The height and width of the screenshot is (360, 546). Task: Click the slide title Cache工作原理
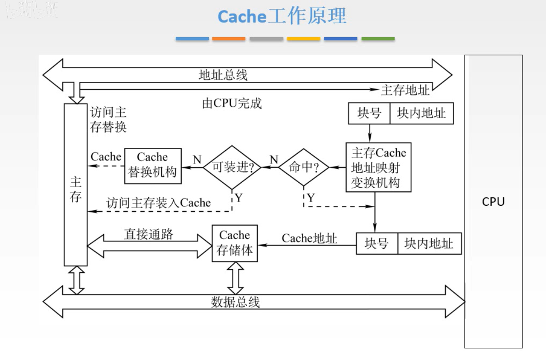point(282,16)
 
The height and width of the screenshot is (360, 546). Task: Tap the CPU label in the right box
point(493,202)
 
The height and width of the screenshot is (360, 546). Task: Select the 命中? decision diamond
point(303,167)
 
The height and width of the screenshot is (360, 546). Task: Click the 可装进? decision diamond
point(232,167)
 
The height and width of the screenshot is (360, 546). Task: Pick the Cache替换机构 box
point(152,165)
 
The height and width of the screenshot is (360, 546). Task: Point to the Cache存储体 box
point(235,243)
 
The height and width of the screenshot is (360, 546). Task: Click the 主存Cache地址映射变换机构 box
point(378,167)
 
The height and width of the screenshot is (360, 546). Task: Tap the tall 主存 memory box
point(75,185)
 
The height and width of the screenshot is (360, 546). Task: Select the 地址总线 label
point(223,75)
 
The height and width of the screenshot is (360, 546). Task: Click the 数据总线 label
point(235,302)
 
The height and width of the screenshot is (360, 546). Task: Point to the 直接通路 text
point(149,234)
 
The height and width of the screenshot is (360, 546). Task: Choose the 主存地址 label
point(405,90)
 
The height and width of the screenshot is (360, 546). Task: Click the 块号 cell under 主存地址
point(369,114)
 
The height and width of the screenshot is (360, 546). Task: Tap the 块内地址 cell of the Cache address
point(428,244)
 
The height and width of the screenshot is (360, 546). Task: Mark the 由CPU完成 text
point(231,104)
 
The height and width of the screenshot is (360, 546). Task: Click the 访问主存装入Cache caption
point(159,203)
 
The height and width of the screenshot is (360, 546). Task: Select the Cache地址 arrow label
point(309,238)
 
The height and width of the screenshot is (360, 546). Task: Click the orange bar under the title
point(229,39)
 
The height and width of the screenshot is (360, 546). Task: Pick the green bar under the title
point(378,39)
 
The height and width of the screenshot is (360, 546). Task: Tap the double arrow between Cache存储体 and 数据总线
point(235,278)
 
